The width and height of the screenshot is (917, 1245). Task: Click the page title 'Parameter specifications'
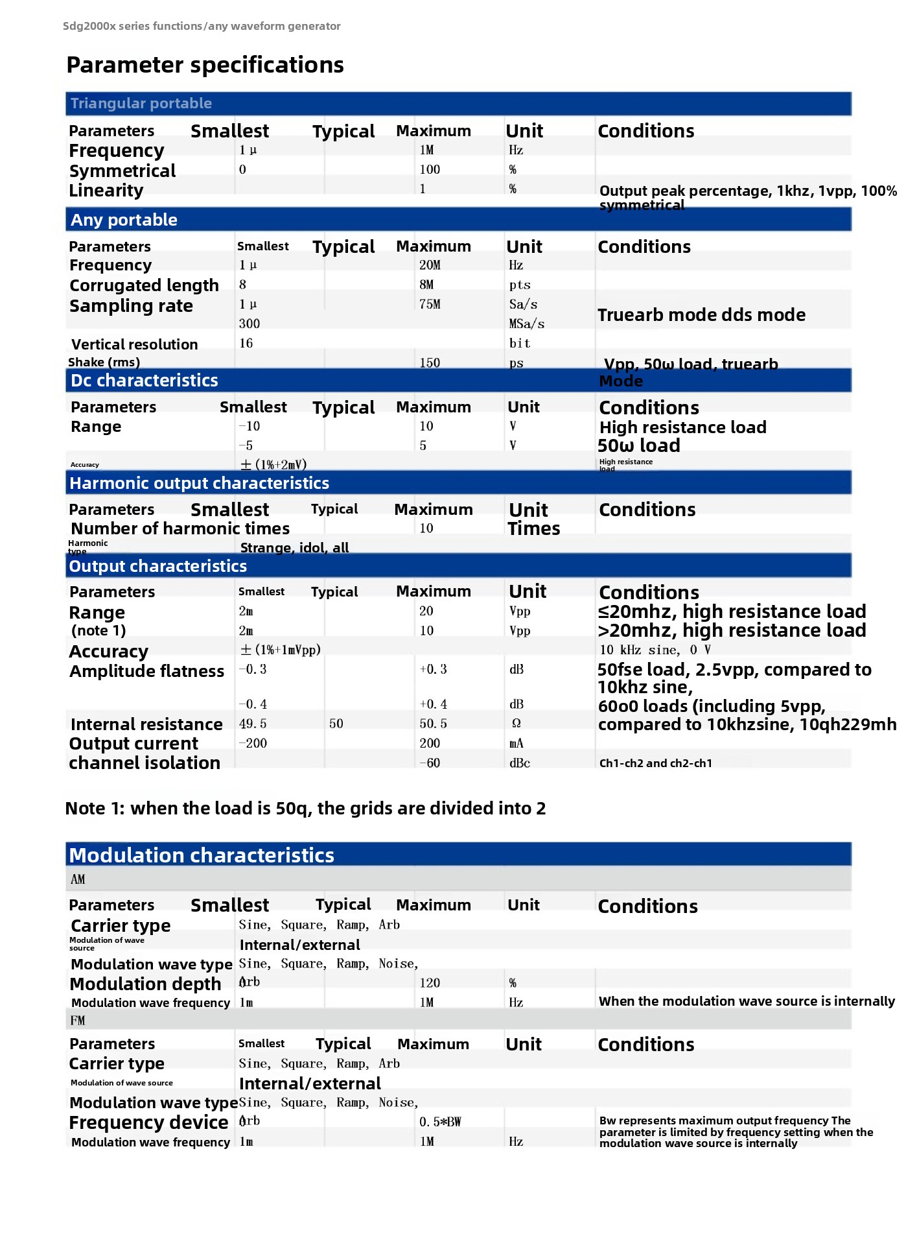tap(205, 65)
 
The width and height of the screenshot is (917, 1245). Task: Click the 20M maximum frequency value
tap(430, 265)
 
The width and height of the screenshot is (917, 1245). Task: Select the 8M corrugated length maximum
tap(426, 285)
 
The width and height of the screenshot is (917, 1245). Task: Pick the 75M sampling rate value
tap(430, 304)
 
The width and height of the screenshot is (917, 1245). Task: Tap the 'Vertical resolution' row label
tap(134, 344)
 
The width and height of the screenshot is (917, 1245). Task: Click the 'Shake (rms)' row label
tap(104, 362)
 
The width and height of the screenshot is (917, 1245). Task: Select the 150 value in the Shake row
tap(430, 363)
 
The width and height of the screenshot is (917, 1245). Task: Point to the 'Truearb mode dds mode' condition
tap(701, 315)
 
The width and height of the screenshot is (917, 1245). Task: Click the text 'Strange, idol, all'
tap(294, 548)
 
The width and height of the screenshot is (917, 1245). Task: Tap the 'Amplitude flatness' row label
tap(146, 671)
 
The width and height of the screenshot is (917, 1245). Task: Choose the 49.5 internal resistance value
tap(253, 724)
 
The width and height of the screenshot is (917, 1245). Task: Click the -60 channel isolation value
tap(430, 763)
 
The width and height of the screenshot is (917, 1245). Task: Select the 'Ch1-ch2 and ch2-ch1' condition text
tap(655, 763)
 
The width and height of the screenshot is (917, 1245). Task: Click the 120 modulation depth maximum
tap(430, 983)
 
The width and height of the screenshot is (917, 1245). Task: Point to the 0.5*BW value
tap(440, 1122)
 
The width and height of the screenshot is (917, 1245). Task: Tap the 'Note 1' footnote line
tap(305, 809)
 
